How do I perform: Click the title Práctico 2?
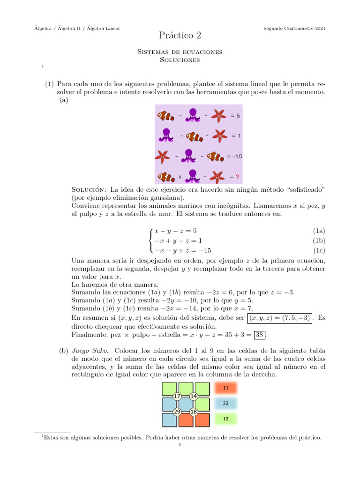(x=180, y=35)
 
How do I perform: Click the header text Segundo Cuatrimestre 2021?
(x=295, y=29)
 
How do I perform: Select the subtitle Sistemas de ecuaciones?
(x=180, y=52)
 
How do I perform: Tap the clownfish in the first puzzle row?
(x=165, y=115)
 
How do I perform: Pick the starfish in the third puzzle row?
(x=163, y=156)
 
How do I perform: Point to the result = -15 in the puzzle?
(x=234, y=156)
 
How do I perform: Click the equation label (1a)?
(x=319, y=231)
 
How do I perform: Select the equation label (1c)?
(x=319, y=250)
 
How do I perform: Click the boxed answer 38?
(x=259, y=335)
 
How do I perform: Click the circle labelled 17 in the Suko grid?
(x=177, y=397)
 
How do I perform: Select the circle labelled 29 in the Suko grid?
(x=177, y=412)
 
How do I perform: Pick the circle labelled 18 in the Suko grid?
(x=194, y=412)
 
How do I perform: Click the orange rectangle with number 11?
(x=226, y=388)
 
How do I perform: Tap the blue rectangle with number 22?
(x=226, y=403)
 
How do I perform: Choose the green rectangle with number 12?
(x=226, y=419)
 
